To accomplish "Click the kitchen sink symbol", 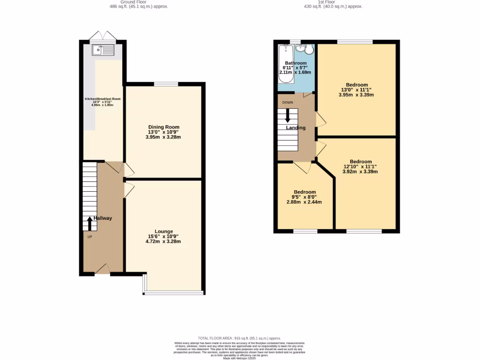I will [104, 49].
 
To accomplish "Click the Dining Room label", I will [164, 127].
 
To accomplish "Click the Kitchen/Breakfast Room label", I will [103, 99].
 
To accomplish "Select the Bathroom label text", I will [296, 63].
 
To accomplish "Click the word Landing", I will [296, 128].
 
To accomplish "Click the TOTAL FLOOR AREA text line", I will [239, 338].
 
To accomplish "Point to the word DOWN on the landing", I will [287, 102].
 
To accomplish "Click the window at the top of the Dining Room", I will [166, 84].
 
